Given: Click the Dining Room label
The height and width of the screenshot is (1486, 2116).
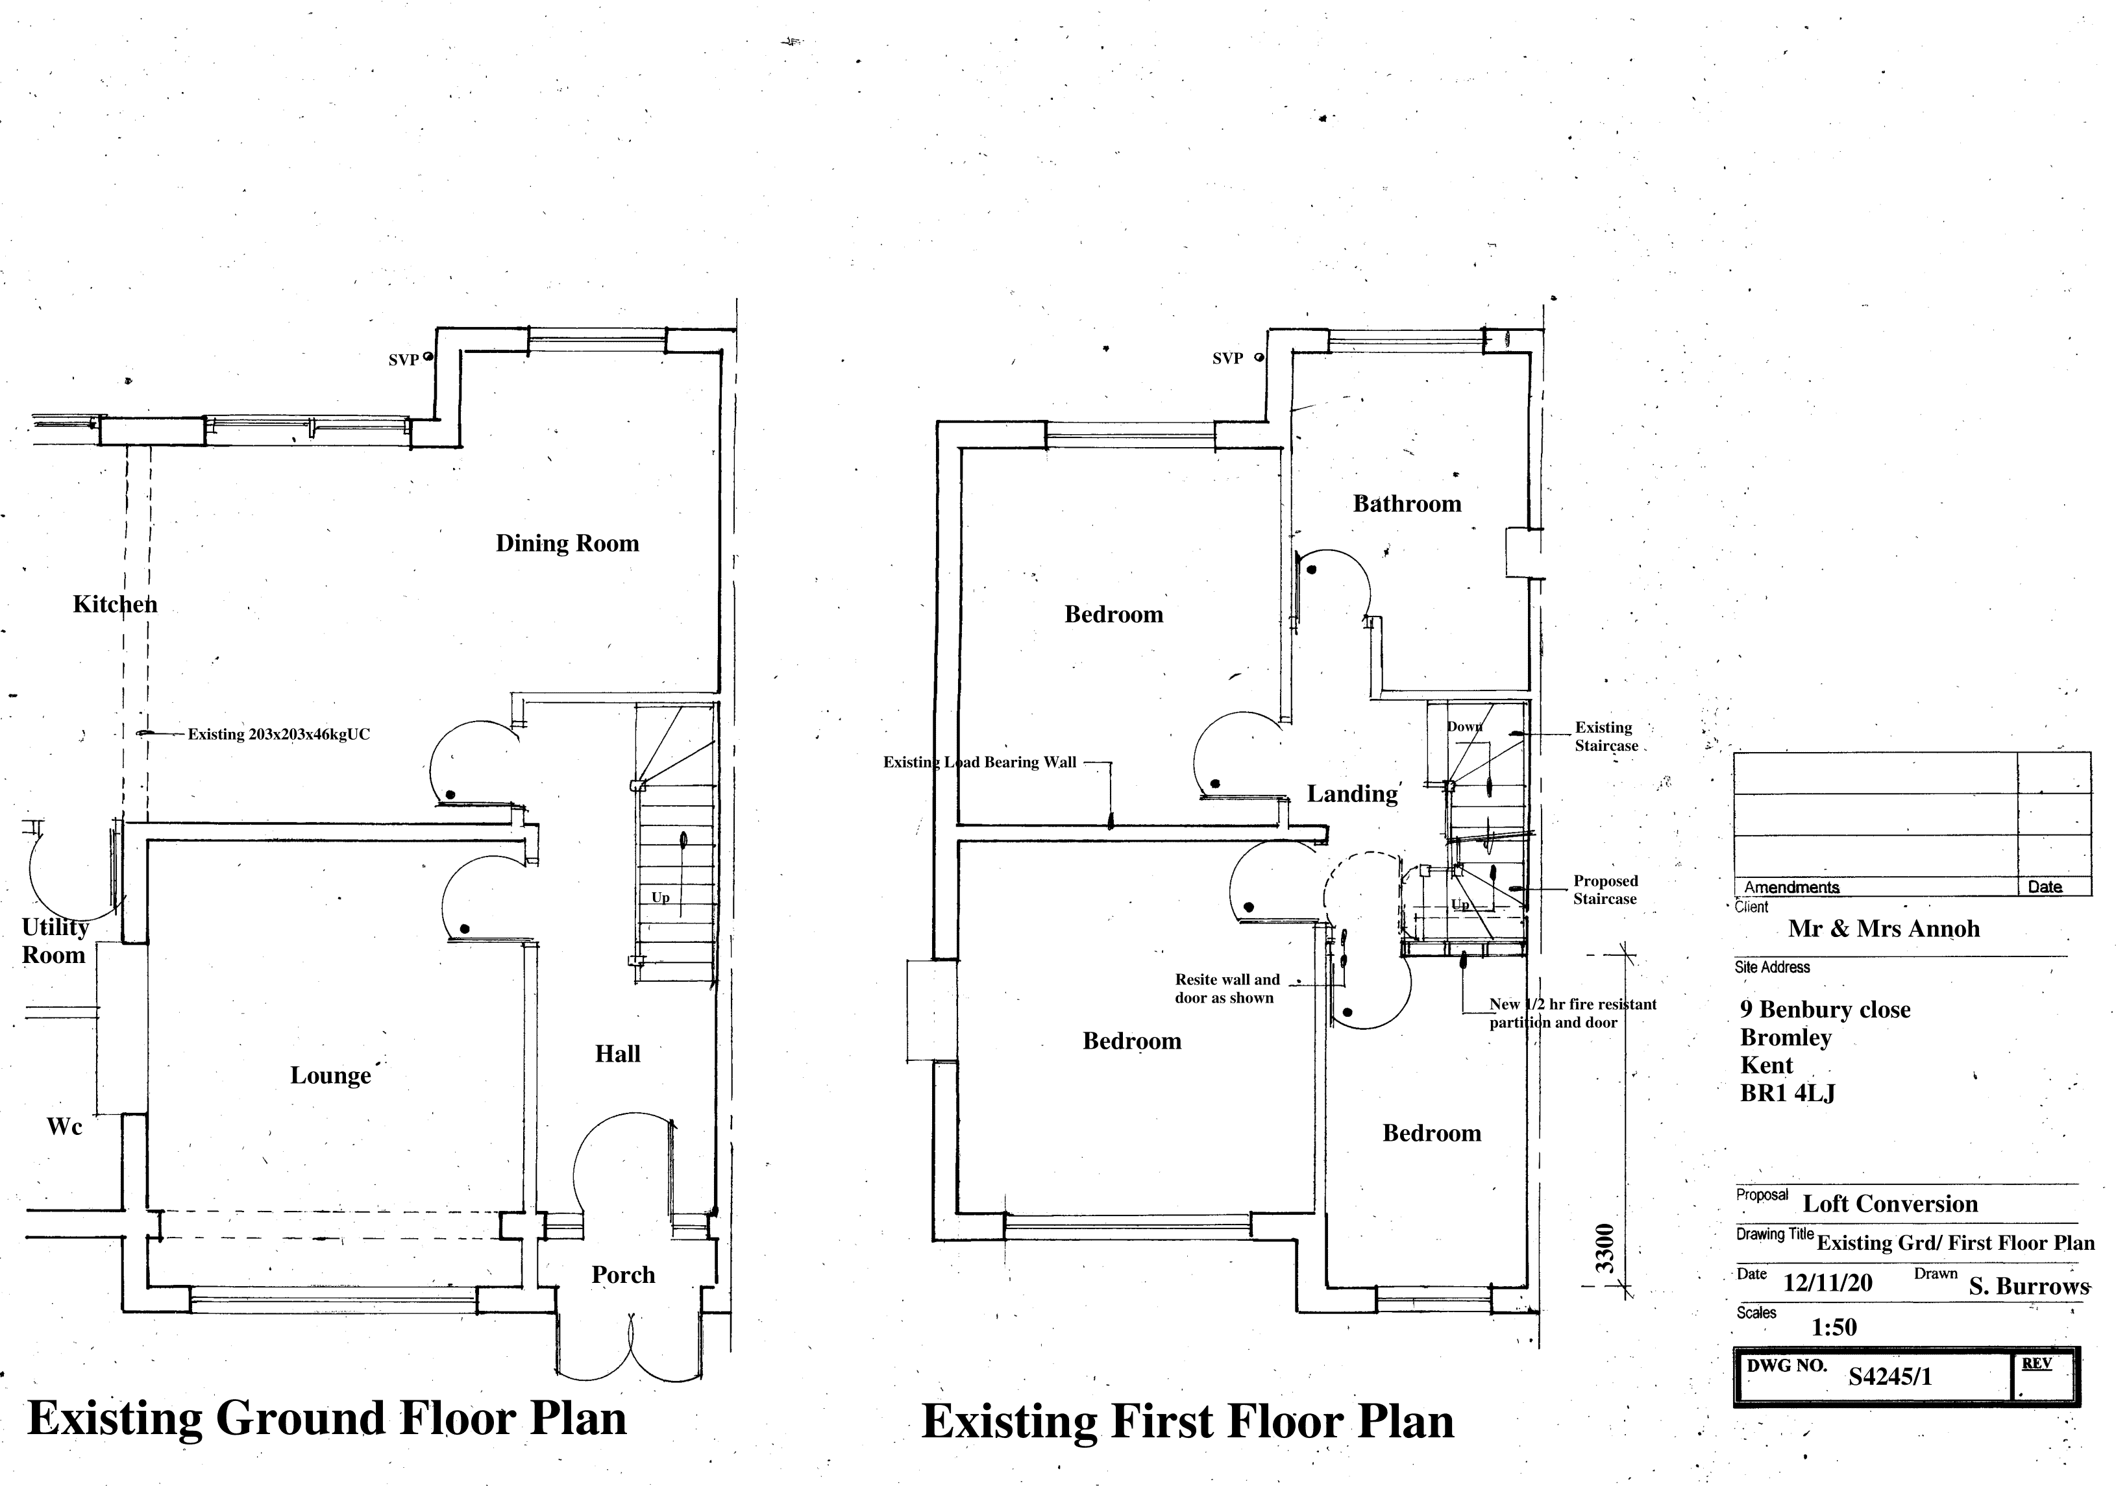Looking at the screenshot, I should coord(567,544).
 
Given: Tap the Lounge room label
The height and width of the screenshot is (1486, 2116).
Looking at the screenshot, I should coord(330,1075).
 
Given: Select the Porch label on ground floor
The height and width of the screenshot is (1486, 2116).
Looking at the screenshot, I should coord(623,1275).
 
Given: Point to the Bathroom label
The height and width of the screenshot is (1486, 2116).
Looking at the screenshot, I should coord(1407,504).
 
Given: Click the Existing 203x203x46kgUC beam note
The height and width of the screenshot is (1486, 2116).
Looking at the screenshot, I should coord(278,735).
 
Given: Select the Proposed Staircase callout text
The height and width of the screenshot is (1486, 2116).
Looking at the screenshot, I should coord(1605,890).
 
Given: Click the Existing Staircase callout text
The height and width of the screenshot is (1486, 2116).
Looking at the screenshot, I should coord(1605,736).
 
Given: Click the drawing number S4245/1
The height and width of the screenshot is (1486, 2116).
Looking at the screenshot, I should coord(1889,1376).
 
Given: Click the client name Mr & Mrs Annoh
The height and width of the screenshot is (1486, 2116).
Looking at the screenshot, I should coord(1884,929).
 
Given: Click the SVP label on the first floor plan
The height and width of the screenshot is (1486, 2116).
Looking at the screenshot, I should coord(1227,358).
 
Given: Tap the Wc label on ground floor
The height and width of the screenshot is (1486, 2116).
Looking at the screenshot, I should coord(64,1127).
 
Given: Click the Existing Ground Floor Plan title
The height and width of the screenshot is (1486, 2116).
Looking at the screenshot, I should coord(327,1418).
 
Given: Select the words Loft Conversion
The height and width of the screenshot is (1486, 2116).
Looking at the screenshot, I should coord(1889,1204).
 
